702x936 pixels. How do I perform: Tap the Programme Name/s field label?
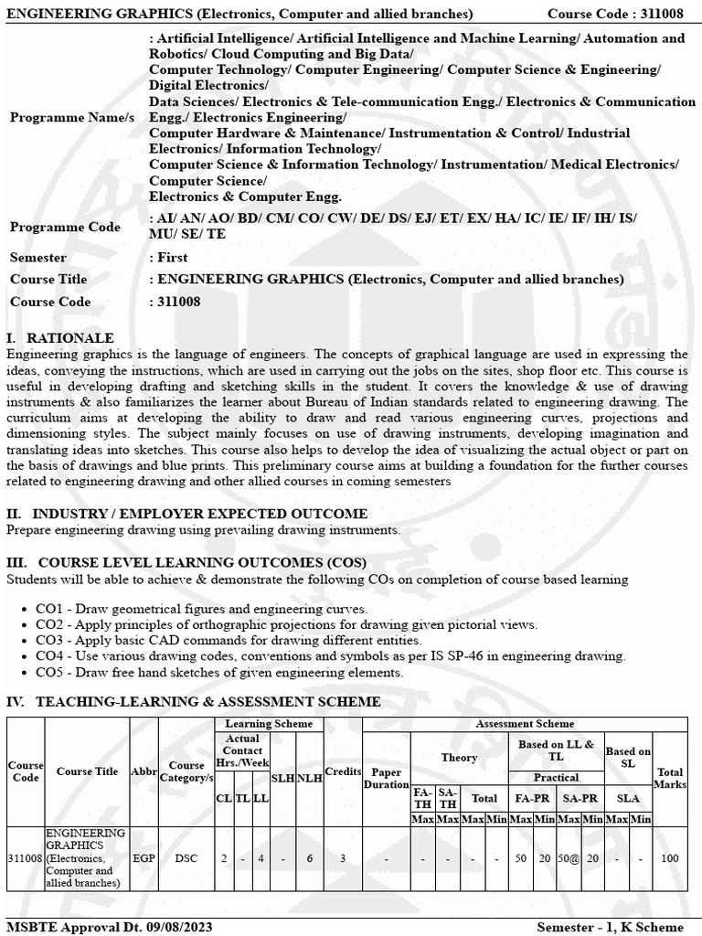click(71, 118)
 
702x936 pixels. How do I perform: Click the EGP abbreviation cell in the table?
click(144, 858)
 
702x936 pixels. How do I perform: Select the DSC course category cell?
click(186, 858)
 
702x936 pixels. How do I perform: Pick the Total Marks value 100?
click(670, 858)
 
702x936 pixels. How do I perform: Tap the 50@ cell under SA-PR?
click(569, 858)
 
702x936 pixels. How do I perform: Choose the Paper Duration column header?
click(387, 779)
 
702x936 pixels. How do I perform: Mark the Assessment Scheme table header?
click(525, 724)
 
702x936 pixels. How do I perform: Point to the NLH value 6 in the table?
click(310, 858)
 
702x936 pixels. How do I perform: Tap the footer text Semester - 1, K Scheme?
click(615, 927)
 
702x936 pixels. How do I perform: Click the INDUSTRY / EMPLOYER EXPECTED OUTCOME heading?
click(187, 514)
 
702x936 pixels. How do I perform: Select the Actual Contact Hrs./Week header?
click(242, 750)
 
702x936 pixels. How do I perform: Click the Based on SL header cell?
click(628, 757)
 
